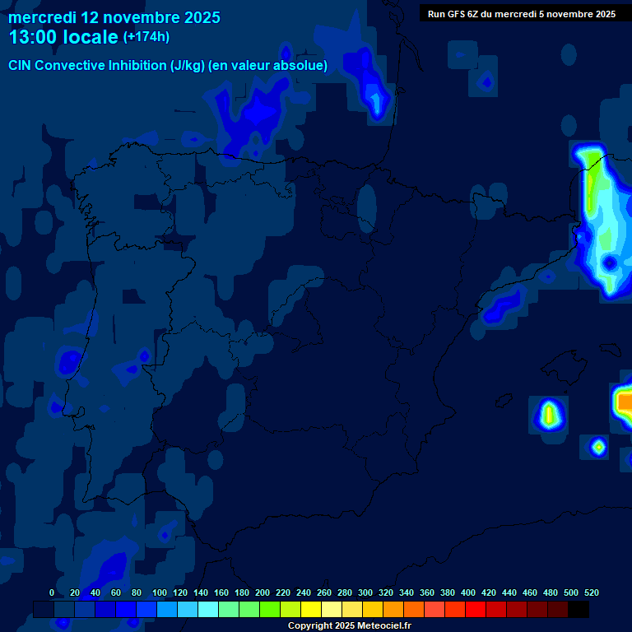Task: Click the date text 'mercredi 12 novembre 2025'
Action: coord(114,17)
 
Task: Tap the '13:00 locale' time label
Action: coord(63,37)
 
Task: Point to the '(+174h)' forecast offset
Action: coord(146,37)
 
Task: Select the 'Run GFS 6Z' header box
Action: coord(522,14)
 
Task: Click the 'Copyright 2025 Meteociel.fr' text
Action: coord(349,625)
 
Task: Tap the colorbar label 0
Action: coord(52,592)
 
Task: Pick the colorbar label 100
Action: coord(160,592)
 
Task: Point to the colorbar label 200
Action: coord(263,592)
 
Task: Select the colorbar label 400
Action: coord(468,592)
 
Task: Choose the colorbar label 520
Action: coord(592,592)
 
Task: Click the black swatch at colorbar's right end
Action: coord(579,609)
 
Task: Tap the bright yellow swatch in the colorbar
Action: coord(311,609)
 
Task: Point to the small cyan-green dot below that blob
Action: coord(598,447)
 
